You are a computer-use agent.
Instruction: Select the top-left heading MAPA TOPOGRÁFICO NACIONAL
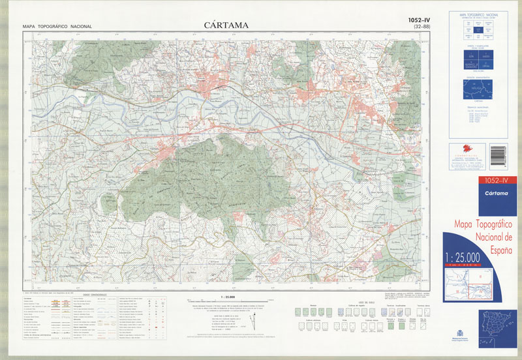(x=57, y=27)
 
